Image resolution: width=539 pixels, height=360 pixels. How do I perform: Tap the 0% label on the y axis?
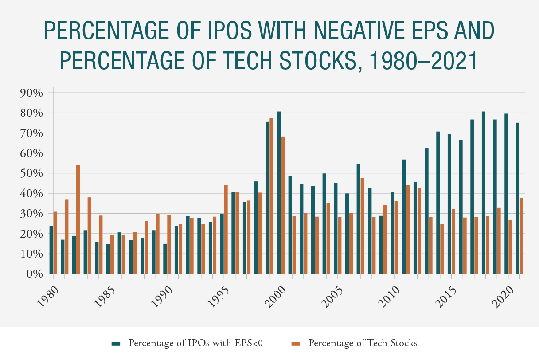tap(34, 274)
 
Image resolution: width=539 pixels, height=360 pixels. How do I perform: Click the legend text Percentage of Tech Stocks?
tap(363, 343)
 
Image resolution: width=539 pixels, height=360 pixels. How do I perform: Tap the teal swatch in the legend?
tap(116, 343)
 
